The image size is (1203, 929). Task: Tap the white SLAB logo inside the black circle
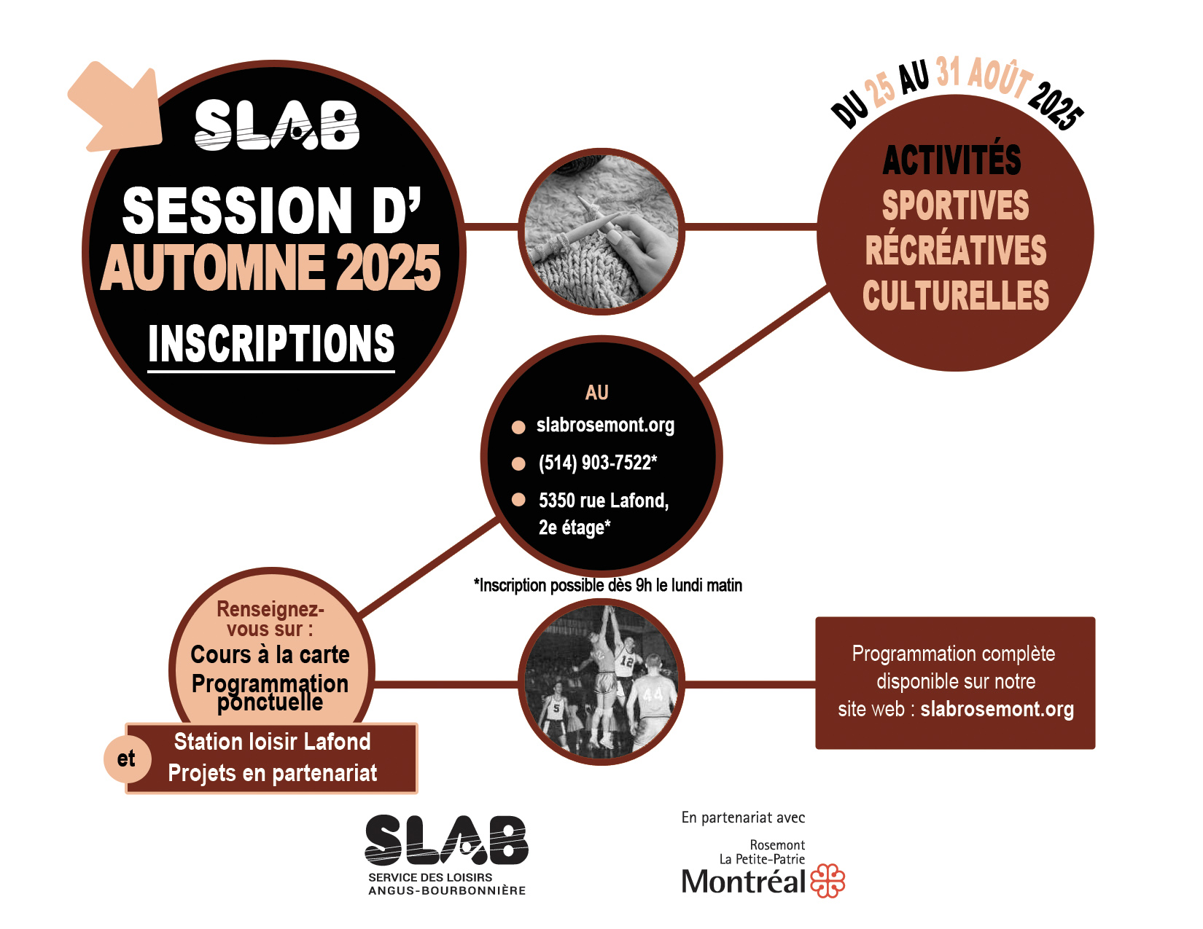coord(277,125)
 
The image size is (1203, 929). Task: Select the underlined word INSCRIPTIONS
coord(271,344)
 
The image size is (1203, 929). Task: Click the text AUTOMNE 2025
coord(270,268)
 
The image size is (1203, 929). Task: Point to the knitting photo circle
coord(601,231)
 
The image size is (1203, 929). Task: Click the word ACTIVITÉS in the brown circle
coord(951,160)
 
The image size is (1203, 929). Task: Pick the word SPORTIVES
coord(956,205)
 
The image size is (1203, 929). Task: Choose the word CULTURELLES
coord(956,295)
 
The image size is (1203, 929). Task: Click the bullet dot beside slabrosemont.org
coord(518,427)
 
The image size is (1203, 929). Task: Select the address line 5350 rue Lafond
coord(604,501)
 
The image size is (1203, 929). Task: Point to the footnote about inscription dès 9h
coord(608,585)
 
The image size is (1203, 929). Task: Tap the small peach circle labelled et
coord(127,759)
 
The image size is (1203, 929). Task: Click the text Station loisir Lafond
coord(273,742)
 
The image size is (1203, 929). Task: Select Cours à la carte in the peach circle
coord(270,655)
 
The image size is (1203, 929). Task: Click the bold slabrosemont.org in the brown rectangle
coord(997,710)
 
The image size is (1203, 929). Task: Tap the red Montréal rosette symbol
coord(828,880)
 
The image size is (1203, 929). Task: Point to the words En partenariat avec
coord(743,818)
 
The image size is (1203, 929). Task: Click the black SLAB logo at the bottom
coord(446,840)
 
